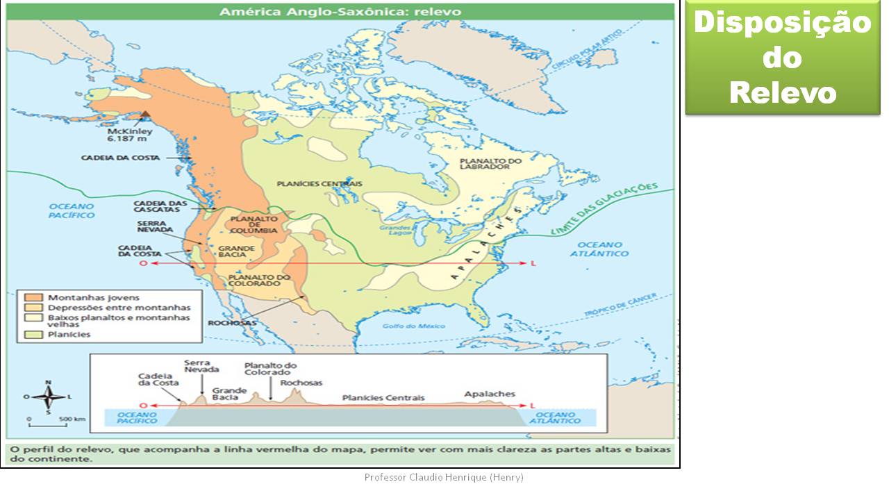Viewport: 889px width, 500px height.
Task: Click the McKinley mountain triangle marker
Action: (145, 116)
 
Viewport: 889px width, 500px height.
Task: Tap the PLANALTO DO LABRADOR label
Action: (490, 165)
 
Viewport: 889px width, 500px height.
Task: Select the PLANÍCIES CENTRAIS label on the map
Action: (319, 183)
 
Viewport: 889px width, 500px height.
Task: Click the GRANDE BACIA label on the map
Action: (237, 251)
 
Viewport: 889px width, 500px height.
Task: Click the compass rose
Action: (48, 398)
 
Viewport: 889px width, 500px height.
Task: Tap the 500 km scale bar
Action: (48, 423)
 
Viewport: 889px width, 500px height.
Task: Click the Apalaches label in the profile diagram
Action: (490, 394)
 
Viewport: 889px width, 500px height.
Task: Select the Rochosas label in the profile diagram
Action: (301, 383)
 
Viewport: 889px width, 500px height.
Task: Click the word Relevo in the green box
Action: (783, 92)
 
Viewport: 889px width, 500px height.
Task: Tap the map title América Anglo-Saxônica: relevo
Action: (340, 12)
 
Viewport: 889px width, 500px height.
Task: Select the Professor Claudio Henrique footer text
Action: (444, 477)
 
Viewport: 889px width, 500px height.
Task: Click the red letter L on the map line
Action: (533, 264)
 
